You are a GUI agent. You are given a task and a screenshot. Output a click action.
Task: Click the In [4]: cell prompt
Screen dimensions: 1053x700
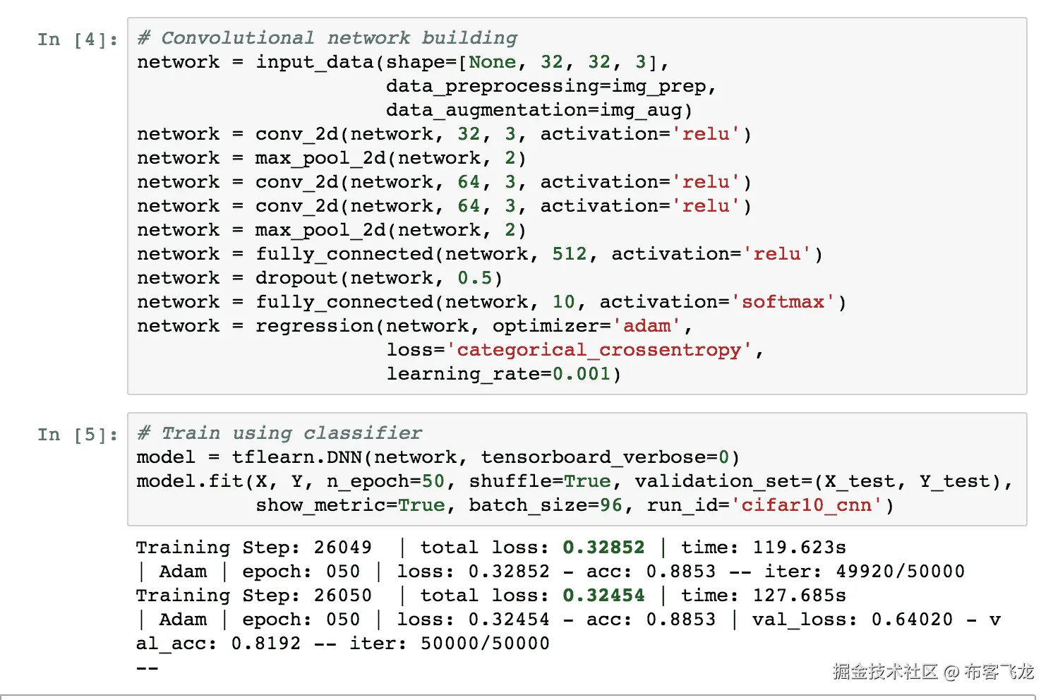click(78, 40)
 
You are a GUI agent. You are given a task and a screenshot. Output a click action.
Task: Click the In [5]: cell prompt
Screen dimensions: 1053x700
click(78, 435)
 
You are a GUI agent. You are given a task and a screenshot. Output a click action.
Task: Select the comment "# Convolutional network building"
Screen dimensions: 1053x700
click(327, 38)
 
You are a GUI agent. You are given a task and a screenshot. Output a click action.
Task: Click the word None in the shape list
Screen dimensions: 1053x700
click(493, 62)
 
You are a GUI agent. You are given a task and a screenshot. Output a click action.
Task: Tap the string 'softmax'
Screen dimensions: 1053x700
click(783, 302)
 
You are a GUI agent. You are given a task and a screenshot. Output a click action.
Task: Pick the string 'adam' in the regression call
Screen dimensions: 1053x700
click(647, 326)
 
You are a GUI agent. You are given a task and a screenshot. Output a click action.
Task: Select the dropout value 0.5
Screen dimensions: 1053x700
click(474, 278)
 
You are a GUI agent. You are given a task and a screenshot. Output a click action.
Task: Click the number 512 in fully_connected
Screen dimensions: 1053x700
click(570, 254)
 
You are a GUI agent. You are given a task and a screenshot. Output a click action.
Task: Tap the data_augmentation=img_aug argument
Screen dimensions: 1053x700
click(538, 110)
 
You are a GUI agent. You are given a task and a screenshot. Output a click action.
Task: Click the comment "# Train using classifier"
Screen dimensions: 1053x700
click(279, 433)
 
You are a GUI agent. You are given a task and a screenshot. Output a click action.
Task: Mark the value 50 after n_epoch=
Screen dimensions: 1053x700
click(433, 481)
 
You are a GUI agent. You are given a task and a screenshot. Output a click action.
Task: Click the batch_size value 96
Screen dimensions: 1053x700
click(611, 505)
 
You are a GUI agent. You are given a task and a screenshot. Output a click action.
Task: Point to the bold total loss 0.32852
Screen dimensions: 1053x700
click(603, 548)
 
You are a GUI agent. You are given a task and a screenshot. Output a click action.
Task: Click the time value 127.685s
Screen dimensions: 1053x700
click(799, 596)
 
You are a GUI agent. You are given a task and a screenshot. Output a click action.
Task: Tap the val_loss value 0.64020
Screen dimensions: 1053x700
click(912, 620)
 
